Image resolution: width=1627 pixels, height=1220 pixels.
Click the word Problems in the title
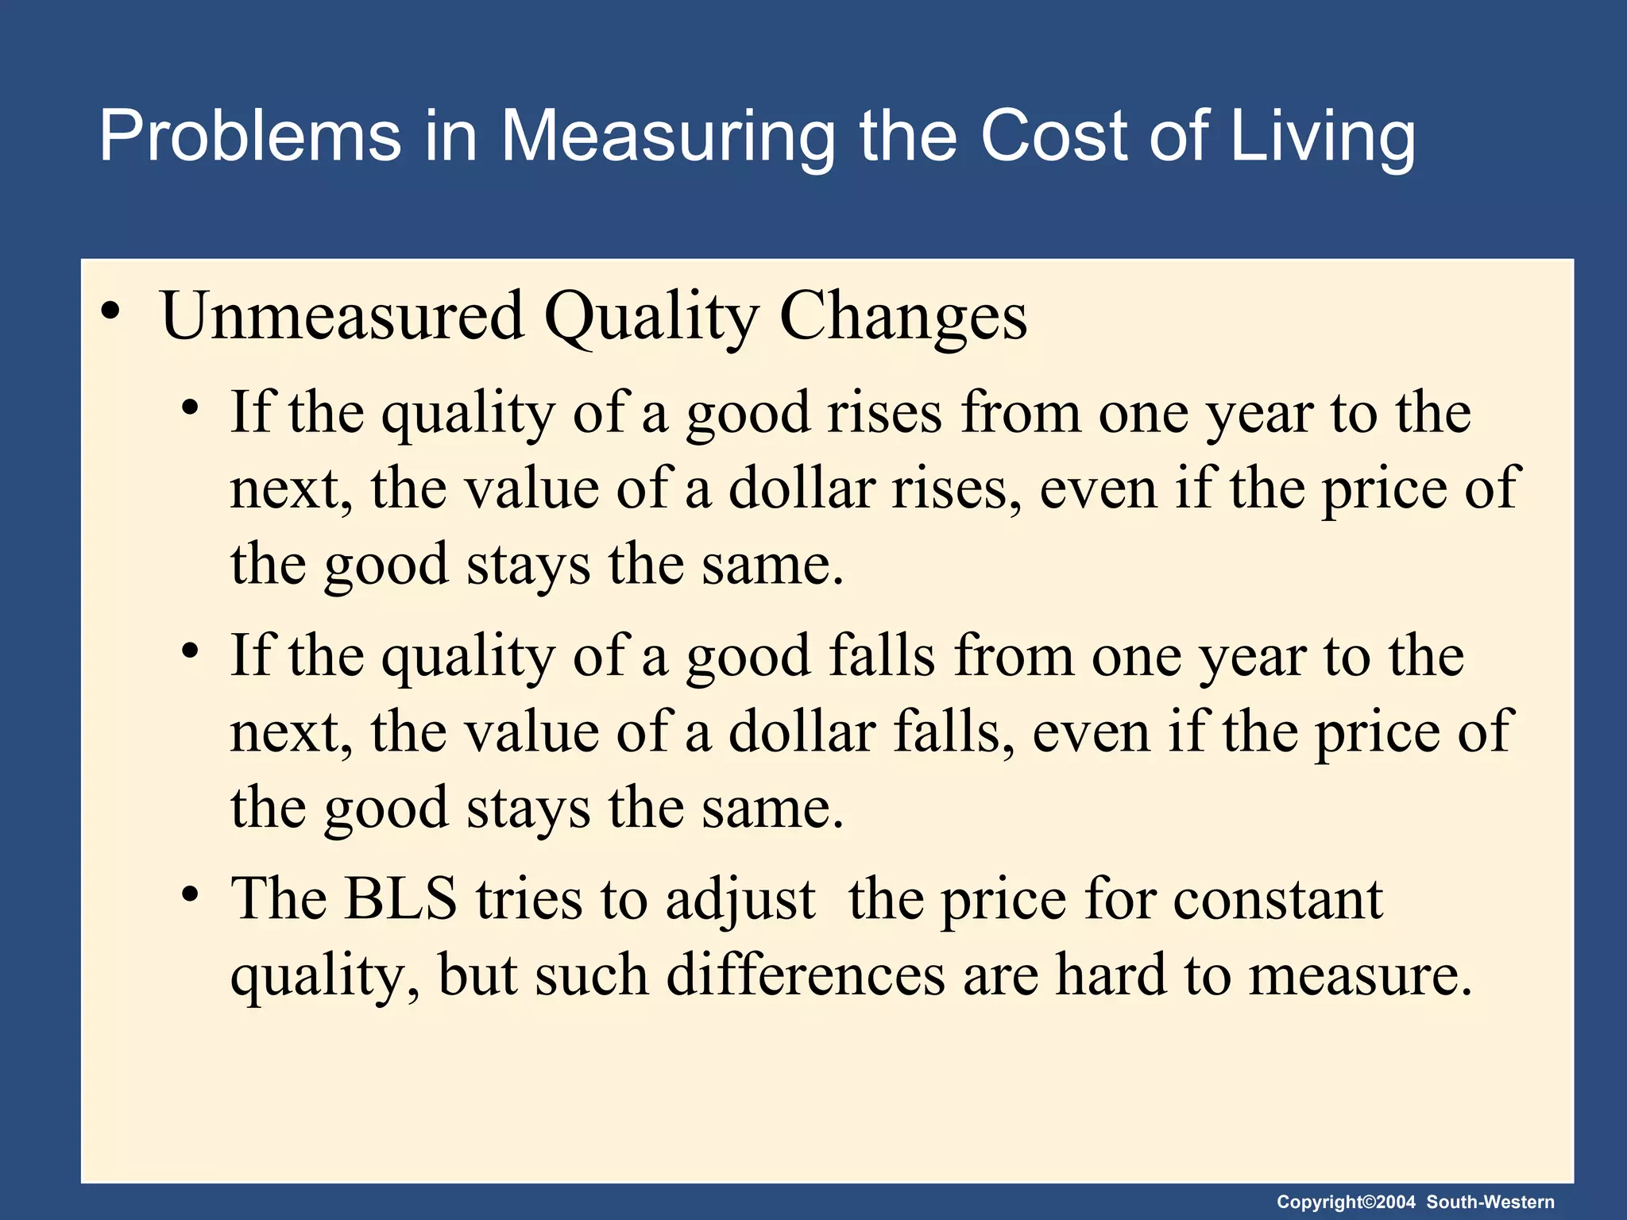[x=250, y=137]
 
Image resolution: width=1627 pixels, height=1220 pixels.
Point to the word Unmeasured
[x=342, y=316]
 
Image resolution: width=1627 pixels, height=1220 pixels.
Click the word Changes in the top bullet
[x=903, y=316]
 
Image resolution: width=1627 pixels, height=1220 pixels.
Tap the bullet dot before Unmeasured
[x=111, y=311]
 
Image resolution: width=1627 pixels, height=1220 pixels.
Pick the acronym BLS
[x=400, y=899]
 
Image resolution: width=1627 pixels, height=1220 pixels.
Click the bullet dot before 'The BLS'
[x=189, y=894]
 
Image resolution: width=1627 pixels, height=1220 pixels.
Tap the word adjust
[x=740, y=901]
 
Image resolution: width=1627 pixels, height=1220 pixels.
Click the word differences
[x=806, y=975]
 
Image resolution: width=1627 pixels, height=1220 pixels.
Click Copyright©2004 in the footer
[x=1346, y=1203]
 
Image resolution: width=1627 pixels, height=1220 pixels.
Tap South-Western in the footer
[x=1490, y=1203]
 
